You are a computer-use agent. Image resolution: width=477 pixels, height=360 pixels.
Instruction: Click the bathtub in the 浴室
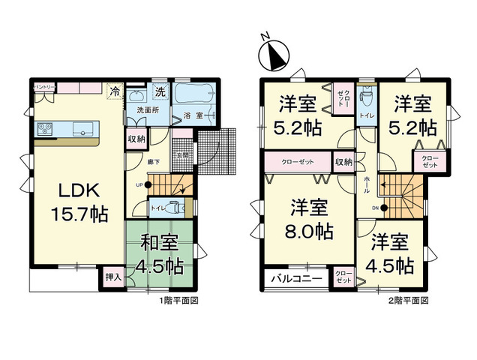pyautogui.click(x=196, y=97)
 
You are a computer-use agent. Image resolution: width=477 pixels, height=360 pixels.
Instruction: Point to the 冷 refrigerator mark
pyautogui.click(x=115, y=91)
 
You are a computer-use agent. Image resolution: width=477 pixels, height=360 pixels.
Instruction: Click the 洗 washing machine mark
pyautogui.click(x=160, y=91)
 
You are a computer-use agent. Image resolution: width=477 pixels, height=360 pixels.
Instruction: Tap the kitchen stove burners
pyautogui.click(x=43, y=130)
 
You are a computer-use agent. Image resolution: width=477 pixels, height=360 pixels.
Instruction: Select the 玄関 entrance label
pyautogui.click(x=180, y=155)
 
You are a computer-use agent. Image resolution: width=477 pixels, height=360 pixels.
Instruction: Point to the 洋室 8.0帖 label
pyautogui.click(x=307, y=218)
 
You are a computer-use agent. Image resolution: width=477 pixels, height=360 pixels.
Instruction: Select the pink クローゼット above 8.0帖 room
pyautogui.click(x=298, y=160)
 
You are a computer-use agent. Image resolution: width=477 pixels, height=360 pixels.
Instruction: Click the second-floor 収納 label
pyautogui.click(x=343, y=160)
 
